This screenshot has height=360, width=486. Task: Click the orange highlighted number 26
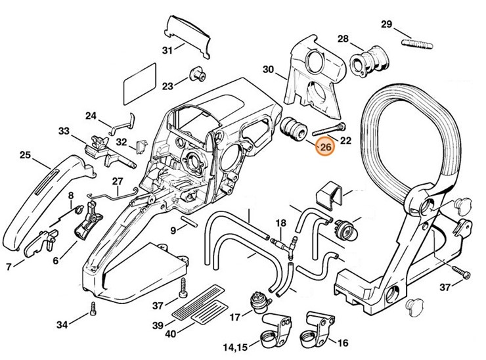pos(325,148)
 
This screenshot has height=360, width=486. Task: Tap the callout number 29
pos(387,24)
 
